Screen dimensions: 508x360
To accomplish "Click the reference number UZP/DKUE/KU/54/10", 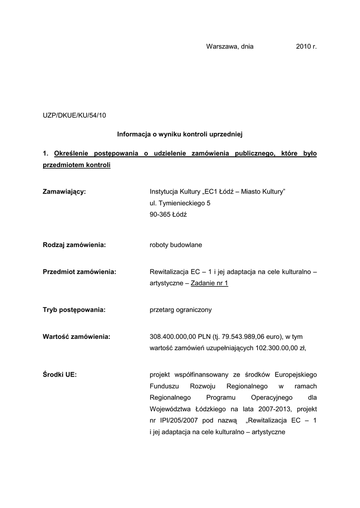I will [74, 116].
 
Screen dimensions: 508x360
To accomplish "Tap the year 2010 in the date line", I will [303, 47].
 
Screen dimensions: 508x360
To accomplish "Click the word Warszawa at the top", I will [222, 47].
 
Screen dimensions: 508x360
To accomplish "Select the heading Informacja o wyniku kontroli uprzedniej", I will [179, 134].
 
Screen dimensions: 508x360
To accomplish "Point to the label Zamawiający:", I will [65, 191].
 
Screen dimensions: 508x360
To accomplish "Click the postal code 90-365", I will [160, 215].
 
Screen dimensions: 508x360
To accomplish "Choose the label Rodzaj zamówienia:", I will [74, 245].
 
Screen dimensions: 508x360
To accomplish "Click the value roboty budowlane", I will [176, 245].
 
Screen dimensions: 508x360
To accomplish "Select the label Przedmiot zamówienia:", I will [79, 272].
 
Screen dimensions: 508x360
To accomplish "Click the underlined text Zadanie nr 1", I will [209, 284].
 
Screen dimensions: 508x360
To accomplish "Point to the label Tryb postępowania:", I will [74, 310].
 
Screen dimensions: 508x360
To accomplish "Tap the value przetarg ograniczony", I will [181, 310].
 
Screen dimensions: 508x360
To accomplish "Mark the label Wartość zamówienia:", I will [76, 336].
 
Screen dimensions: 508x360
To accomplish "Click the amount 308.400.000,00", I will [173, 336].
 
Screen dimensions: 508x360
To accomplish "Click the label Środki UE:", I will [60, 375].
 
